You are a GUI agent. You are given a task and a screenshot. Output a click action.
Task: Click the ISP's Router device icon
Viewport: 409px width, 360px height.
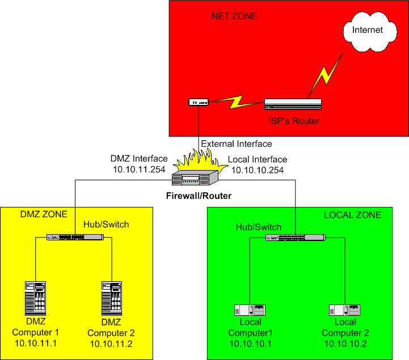(x=293, y=104)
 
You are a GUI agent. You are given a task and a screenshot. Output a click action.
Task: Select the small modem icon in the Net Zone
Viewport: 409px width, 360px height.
(x=199, y=102)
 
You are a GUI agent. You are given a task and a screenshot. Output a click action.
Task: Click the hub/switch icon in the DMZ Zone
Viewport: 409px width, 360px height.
(x=75, y=236)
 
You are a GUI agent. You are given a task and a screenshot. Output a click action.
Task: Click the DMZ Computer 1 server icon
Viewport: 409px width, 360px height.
(x=35, y=298)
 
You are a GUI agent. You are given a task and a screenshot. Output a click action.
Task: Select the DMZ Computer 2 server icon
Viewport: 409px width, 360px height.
(x=111, y=298)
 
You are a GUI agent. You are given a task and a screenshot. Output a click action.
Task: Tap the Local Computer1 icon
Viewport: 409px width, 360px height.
(x=250, y=310)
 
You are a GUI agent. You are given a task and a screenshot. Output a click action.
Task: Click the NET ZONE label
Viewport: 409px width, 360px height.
(x=234, y=16)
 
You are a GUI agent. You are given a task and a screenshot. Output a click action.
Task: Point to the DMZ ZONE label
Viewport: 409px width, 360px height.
(x=44, y=214)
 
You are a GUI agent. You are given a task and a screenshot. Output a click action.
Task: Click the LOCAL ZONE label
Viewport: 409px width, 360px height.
(x=352, y=215)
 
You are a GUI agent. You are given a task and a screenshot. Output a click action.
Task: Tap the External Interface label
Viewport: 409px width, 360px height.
(x=237, y=144)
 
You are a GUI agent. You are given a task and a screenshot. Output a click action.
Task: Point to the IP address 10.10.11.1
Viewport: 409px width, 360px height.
(x=35, y=344)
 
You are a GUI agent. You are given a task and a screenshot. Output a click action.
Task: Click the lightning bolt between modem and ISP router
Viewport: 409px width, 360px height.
(x=235, y=103)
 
